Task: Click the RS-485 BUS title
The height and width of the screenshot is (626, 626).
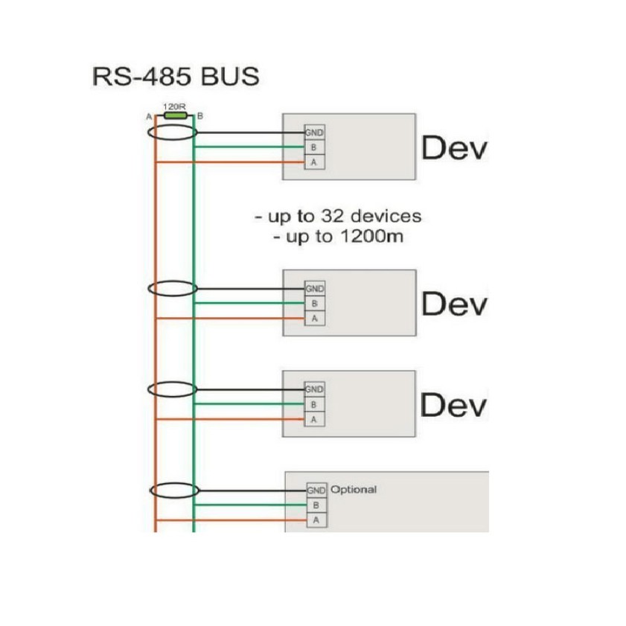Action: coord(176,77)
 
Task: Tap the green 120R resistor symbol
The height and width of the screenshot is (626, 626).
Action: coord(175,116)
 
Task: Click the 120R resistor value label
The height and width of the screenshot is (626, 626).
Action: coord(173,107)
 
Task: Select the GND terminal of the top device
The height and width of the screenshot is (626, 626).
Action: coord(314,133)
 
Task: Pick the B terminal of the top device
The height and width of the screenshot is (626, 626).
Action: coord(314,147)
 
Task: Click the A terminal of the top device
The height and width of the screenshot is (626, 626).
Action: coord(314,162)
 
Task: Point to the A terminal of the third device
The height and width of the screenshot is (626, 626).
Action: coord(314,420)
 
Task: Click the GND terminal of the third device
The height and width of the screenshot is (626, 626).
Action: coord(314,389)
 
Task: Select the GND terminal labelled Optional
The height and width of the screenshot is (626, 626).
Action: coord(316,491)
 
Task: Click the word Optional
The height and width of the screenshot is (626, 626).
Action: coord(354,490)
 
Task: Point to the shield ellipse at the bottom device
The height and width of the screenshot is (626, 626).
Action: coord(173,491)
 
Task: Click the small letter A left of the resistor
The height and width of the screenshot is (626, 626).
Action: coord(149,118)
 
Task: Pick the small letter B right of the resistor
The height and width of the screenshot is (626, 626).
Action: coord(200,116)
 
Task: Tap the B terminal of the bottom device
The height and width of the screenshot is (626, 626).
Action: coord(316,505)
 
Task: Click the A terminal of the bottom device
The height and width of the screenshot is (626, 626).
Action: coord(316,520)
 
